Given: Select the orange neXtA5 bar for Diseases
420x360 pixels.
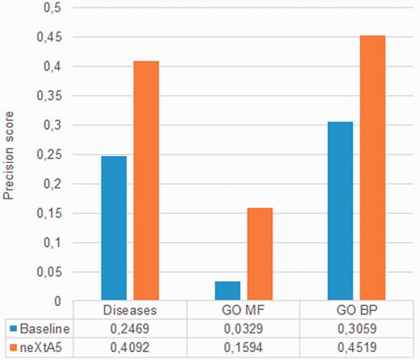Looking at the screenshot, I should (x=147, y=181).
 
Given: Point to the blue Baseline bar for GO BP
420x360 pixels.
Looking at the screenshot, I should (x=340, y=211).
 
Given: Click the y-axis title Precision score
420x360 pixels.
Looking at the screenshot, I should (x=11, y=153).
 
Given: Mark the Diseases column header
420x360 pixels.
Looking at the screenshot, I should (x=130, y=311).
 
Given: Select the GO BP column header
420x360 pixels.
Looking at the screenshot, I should (x=356, y=311).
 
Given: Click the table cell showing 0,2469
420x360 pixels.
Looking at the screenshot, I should (x=130, y=329).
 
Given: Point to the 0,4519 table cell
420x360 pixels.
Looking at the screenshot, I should (x=356, y=348).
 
